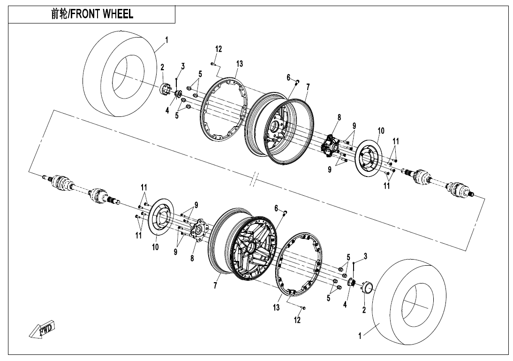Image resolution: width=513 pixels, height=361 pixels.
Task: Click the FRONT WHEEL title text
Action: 92,14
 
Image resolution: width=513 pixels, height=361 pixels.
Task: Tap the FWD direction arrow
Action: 41,330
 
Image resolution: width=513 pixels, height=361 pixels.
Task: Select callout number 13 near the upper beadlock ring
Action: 240,63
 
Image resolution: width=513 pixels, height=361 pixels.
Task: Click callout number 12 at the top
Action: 219,49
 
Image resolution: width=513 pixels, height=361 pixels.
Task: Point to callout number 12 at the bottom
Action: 297,320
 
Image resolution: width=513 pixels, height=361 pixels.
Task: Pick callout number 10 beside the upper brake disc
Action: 380,130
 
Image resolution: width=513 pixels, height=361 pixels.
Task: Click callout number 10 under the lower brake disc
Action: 155,247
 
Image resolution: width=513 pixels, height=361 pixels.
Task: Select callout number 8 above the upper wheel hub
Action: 339,118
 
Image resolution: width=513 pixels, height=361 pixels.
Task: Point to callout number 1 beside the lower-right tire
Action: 360,336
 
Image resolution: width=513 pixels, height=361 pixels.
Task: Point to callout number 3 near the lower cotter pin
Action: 365,255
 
